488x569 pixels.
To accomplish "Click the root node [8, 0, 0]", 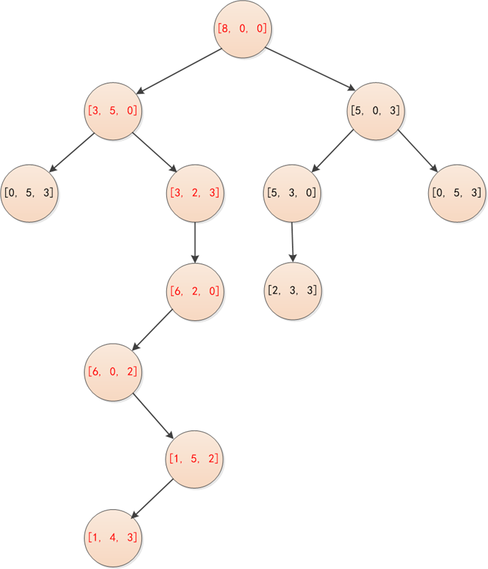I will [243, 30].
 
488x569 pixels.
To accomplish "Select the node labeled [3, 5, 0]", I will [113, 111].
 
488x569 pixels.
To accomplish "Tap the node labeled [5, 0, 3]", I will [376, 111].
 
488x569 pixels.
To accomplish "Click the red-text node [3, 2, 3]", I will [195, 192].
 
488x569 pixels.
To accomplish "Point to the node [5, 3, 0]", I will [292, 192].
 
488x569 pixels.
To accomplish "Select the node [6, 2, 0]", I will [195, 289].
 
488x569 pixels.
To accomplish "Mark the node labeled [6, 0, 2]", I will [113, 371].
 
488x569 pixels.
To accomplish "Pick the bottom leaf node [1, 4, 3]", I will [113, 538].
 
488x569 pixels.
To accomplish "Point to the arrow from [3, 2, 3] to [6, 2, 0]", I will [195, 241].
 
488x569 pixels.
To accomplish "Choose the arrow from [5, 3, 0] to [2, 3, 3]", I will [292, 241].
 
